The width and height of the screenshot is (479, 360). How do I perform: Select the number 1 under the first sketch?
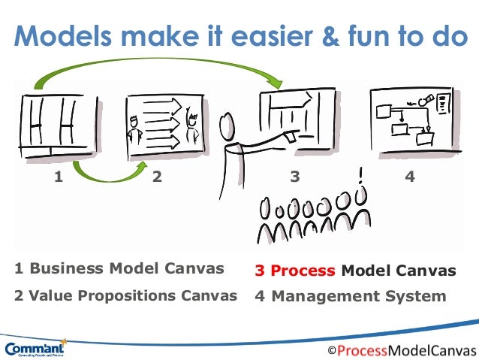(58, 177)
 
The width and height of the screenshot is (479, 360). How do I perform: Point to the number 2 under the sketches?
(157, 177)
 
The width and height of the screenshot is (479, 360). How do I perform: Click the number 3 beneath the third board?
(295, 177)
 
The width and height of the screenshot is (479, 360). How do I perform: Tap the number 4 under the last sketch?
(409, 177)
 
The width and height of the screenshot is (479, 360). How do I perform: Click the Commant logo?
(35, 348)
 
